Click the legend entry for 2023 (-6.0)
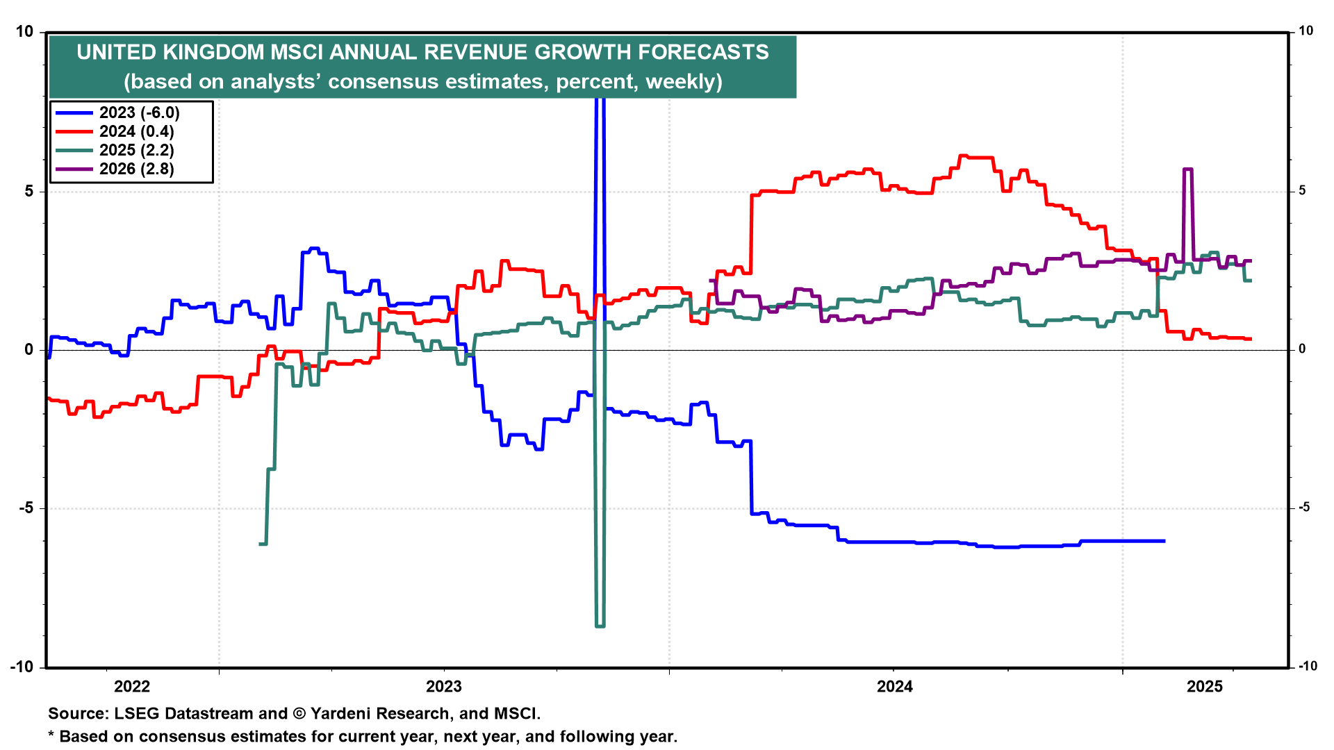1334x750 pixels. (x=139, y=112)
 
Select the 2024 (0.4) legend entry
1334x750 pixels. (x=136, y=131)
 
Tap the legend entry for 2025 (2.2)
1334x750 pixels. (x=136, y=150)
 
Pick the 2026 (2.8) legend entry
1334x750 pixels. (x=136, y=169)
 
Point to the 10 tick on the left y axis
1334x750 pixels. (x=24, y=32)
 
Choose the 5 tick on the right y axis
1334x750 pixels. (x=1303, y=191)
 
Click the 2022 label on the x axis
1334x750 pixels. (x=132, y=687)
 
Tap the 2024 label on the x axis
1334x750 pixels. (x=895, y=687)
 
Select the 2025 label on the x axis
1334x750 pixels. (x=1205, y=687)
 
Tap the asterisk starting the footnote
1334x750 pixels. (x=51, y=735)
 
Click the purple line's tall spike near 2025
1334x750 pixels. (x=1187, y=169)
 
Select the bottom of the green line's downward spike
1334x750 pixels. (x=600, y=626)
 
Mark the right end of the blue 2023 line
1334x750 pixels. (x=1164, y=540)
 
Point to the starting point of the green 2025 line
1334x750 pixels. (x=260, y=544)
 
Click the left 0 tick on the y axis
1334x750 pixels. (x=29, y=350)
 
